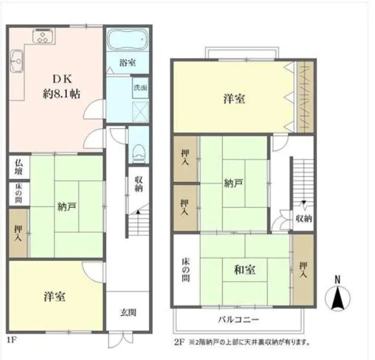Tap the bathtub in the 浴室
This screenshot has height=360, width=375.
pos(125,40)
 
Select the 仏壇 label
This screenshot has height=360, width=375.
pos(19,167)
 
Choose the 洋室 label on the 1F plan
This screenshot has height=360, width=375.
pos(54,296)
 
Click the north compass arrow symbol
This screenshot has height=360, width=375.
pos(339,297)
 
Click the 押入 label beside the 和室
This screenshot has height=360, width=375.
pos(303,270)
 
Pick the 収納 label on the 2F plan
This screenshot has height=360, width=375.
pos(303,219)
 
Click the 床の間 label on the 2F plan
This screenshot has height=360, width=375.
pos(186,270)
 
